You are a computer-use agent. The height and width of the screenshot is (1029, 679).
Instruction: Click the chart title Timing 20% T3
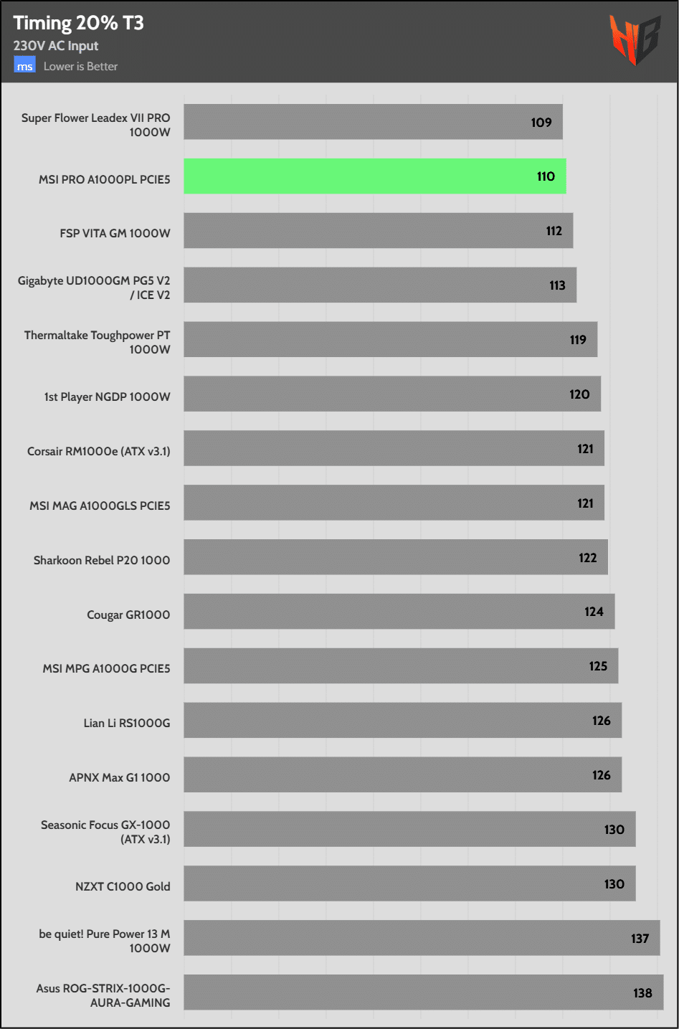click(x=78, y=23)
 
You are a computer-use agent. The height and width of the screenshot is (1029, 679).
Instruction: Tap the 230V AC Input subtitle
click(x=56, y=46)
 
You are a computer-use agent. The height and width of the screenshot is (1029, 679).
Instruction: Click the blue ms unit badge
click(x=24, y=66)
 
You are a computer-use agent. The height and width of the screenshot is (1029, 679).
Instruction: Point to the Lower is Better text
click(x=80, y=66)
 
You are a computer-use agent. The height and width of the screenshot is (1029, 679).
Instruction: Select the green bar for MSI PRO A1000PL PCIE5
click(x=374, y=176)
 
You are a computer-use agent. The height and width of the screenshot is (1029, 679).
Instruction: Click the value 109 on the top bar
click(x=541, y=123)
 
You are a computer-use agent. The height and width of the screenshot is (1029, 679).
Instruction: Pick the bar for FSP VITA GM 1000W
click(x=378, y=231)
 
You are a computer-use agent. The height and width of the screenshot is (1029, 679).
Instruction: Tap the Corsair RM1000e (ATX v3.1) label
click(x=99, y=451)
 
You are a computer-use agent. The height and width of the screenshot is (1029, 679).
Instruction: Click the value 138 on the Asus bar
click(x=642, y=993)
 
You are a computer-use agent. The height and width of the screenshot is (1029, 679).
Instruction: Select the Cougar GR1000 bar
click(x=399, y=612)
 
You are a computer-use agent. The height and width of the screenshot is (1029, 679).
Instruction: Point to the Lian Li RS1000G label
click(x=127, y=723)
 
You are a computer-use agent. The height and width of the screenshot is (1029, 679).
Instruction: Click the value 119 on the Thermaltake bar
click(x=578, y=340)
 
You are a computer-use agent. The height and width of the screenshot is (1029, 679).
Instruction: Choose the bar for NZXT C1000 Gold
click(x=409, y=884)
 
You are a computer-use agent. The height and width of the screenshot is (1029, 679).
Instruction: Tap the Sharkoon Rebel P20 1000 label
click(x=102, y=560)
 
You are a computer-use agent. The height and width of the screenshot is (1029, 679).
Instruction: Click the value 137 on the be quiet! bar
click(x=640, y=939)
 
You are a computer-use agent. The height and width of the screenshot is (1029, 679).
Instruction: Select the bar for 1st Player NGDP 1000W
click(x=391, y=394)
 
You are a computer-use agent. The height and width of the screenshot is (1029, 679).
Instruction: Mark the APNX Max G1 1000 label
click(x=120, y=777)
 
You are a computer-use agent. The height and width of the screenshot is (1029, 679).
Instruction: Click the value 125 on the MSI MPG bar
click(x=598, y=666)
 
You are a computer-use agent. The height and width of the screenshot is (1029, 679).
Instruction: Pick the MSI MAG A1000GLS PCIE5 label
click(x=100, y=506)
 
